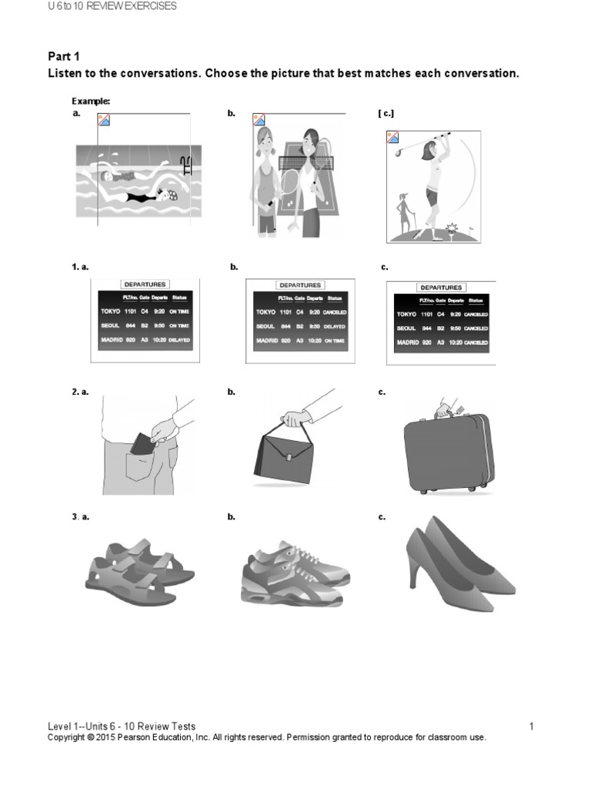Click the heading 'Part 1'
coord(64,56)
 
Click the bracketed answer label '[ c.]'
coord(386,113)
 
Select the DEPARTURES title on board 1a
coord(144,284)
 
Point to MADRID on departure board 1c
coord(407,341)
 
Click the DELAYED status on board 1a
coord(179,339)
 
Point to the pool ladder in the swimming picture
coord(185,165)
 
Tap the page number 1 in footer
coord(531,726)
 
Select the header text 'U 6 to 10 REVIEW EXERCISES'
coord(112,6)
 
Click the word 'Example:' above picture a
coord(91,101)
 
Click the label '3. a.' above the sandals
coord(81,516)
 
